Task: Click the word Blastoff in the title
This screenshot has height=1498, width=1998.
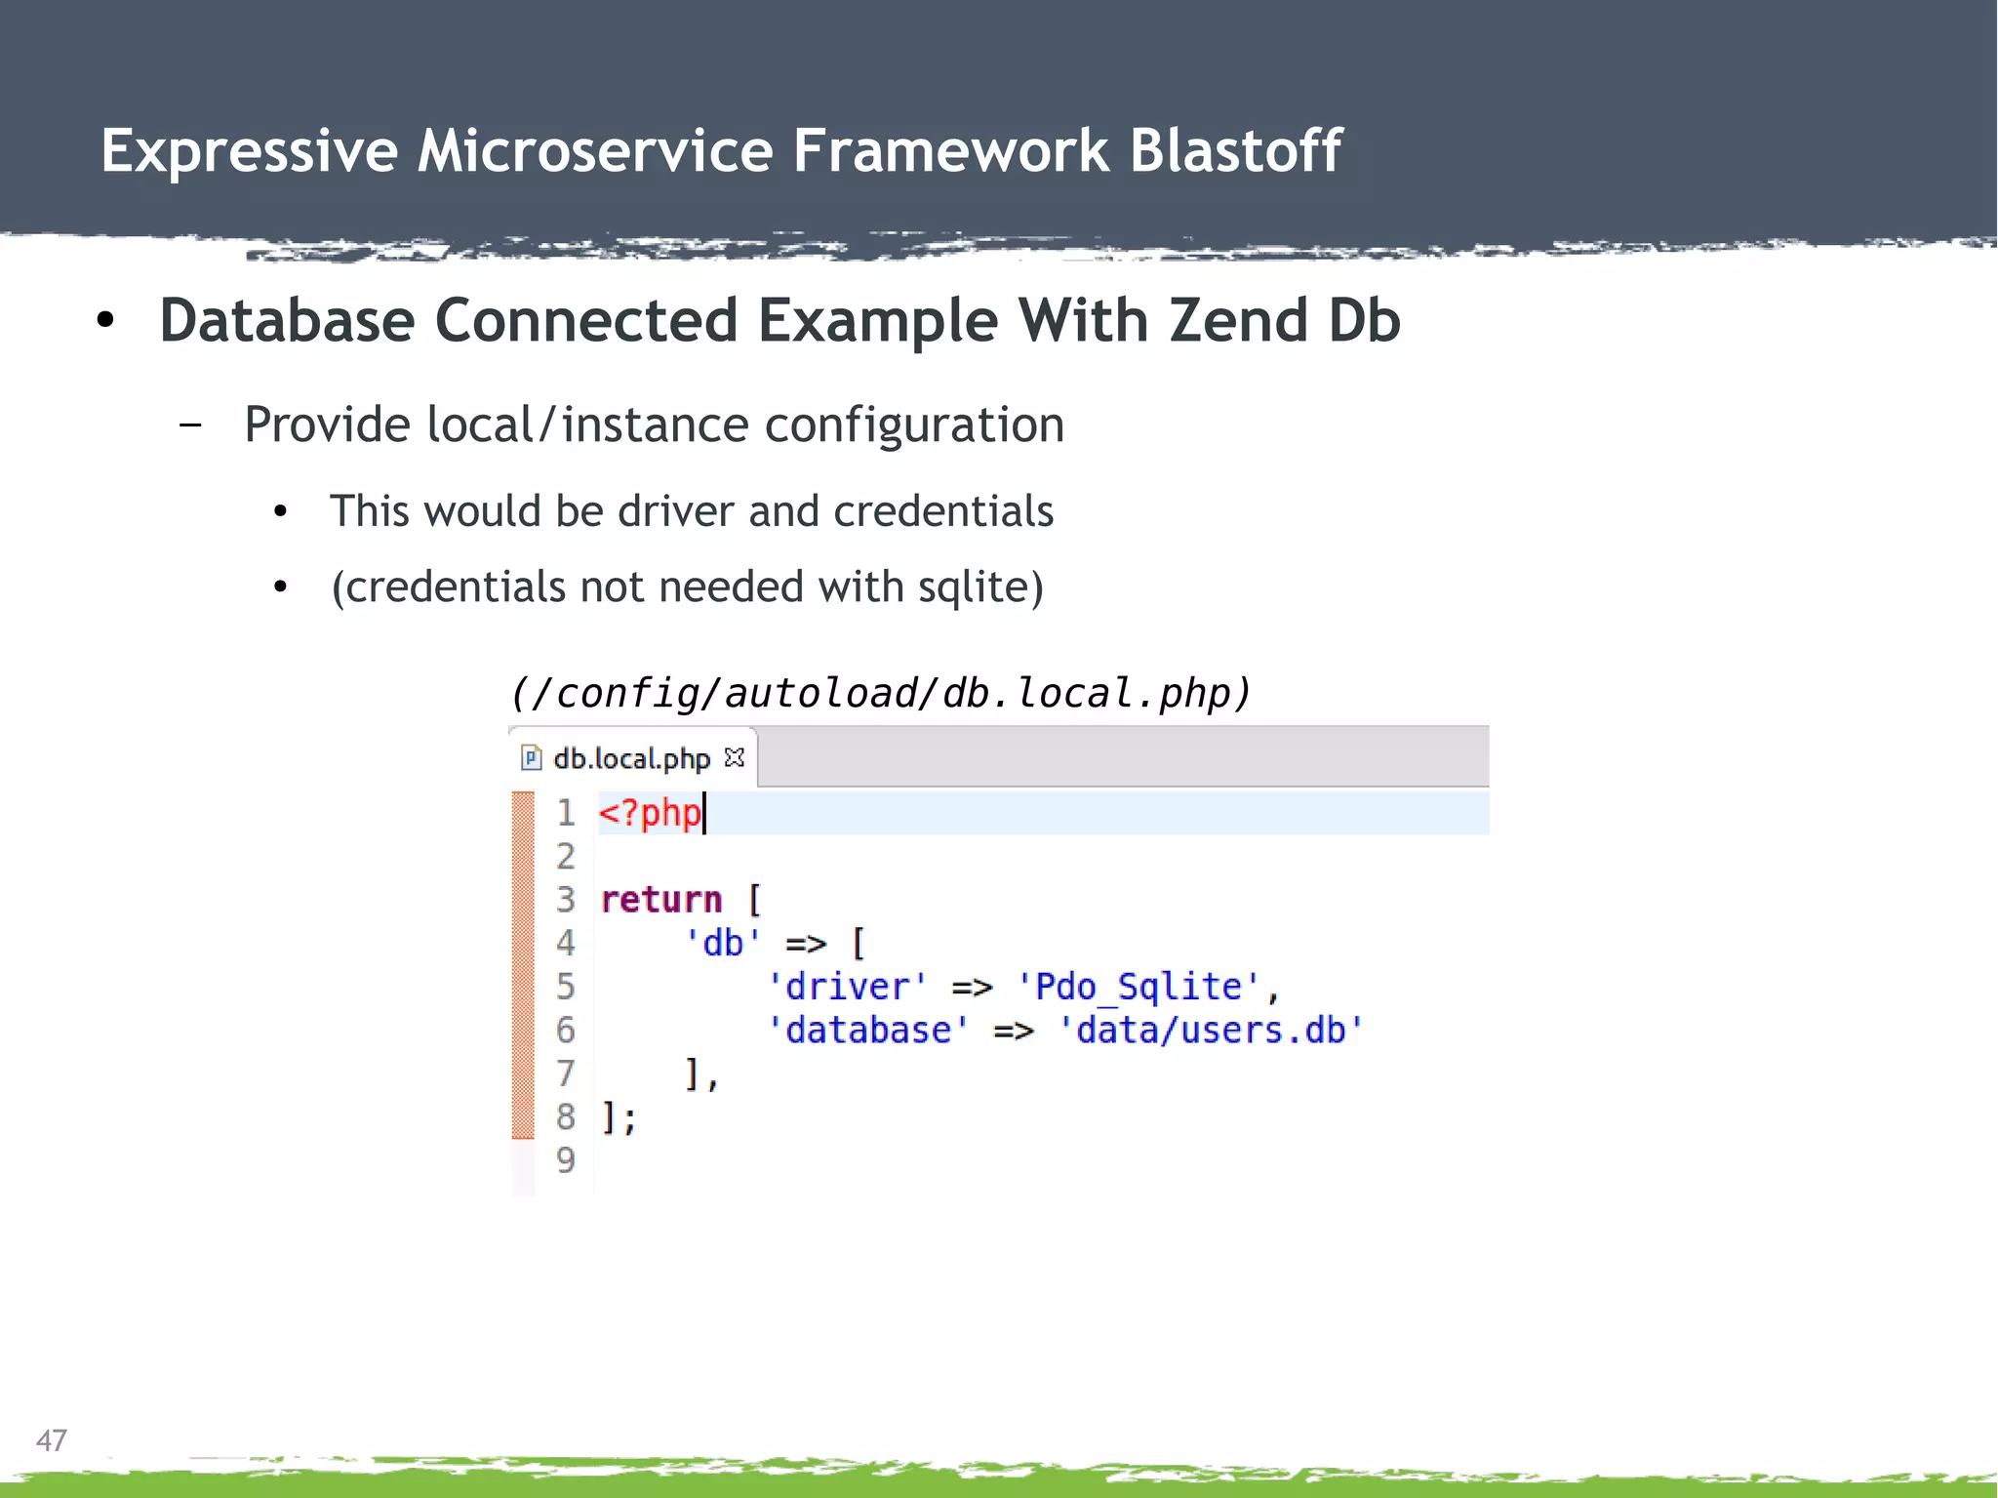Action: pos(1235,151)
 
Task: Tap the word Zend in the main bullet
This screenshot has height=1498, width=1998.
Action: pos(1238,320)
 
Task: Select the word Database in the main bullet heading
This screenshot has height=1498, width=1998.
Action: pos(287,320)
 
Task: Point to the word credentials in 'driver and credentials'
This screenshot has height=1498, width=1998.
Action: pos(943,511)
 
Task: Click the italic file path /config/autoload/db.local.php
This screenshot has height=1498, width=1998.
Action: pos(880,693)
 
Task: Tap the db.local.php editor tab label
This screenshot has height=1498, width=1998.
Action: pos(631,758)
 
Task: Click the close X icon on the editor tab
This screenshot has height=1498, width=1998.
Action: pos(735,757)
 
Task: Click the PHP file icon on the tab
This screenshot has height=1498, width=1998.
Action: pos(531,758)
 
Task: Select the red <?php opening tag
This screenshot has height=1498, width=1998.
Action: pos(650,813)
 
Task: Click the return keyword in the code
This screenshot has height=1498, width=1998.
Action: pos(661,899)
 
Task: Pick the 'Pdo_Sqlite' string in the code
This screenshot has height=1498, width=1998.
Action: pos(1138,987)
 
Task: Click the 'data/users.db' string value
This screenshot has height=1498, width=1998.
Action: pos(1210,1031)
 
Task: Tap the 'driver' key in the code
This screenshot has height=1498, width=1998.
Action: pos(847,987)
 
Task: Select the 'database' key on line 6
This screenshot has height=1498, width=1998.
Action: pos(867,1031)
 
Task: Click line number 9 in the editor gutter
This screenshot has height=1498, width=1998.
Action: pos(566,1160)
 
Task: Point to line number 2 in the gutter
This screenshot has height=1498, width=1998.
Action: pos(566,857)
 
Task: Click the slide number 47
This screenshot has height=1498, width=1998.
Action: pos(52,1440)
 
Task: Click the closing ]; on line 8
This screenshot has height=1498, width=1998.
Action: pos(619,1117)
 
